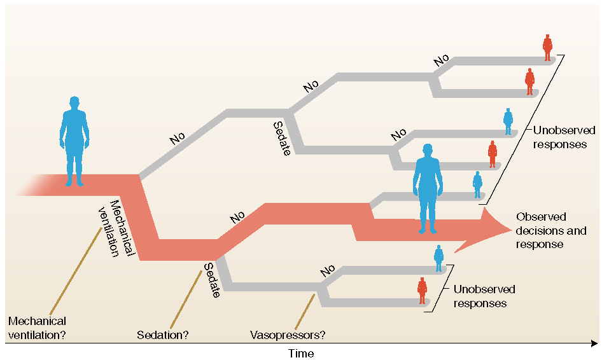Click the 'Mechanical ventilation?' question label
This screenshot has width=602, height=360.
38,328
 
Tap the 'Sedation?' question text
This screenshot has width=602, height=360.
163,335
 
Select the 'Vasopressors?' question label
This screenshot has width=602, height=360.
288,335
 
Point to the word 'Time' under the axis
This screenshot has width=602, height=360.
301,353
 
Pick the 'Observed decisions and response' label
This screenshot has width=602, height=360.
551,230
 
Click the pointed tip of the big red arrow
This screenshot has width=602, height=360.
512,230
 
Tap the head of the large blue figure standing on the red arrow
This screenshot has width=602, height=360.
427,151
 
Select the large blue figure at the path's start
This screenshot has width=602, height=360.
74,141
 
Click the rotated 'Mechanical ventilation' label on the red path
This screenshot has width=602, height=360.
116,228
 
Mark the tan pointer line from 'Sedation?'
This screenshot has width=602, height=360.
186,300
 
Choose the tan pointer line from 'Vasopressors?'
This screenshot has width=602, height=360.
305,312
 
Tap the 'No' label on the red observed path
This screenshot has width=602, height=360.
237,218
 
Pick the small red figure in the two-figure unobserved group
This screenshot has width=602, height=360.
422,291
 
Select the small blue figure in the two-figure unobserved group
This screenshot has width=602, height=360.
439,258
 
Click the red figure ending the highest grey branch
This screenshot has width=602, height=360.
547,48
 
